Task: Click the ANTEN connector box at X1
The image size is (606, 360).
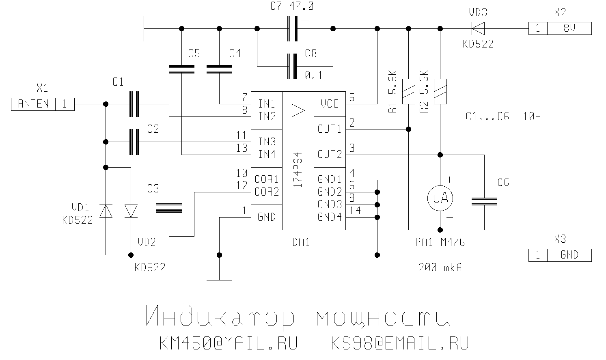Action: pyautogui.click(x=33, y=104)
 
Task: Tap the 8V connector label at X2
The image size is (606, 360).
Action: pyautogui.click(x=569, y=28)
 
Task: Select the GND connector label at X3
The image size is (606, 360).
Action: pyautogui.click(x=569, y=255)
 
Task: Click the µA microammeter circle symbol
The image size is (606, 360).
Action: pyautogui.click(x=440, y=198)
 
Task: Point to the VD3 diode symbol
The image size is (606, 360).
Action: pyautogui.click(x=478, y=28)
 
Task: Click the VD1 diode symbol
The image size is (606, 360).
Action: pyautogui.click(x=106, y=211)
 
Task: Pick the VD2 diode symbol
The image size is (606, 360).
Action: pyautogui.click(x=131, y=211)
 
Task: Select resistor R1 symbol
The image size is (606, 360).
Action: pyautogui.click(x=408, y=91)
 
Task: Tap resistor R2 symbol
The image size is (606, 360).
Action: pyautogui.click(x=440, y=91)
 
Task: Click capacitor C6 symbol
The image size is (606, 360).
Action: pyautogui.click(x=484, y=201)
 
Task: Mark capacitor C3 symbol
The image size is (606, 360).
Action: pyautogui.click(x=169, y=208)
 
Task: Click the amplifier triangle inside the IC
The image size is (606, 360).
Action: pyautogui.click(x=298, y=110)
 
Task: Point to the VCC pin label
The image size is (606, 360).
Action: pyautogui.click(x=329, y=104)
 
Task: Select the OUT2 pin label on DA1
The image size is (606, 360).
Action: pyautogui.click(x=330, y=154)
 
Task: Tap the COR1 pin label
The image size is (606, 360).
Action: pyautogui.click(x=267, y=179)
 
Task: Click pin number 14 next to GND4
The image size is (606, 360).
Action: pyautogui.click(x=355, y=210)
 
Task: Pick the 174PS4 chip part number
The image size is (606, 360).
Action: pyautogui.click(x=298, y=169)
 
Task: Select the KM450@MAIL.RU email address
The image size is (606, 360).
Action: pyautogui.click(x=229, y=343)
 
